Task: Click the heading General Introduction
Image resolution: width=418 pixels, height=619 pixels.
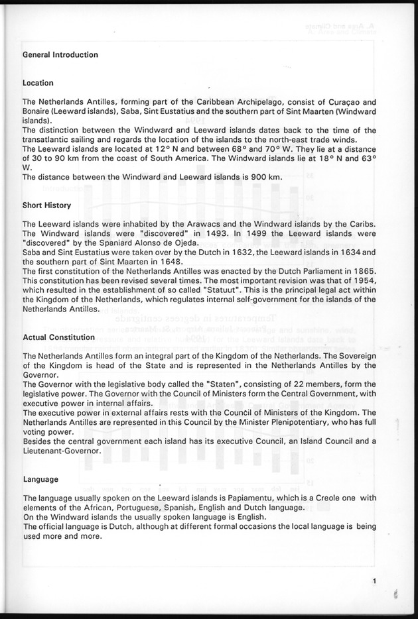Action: (60, 54)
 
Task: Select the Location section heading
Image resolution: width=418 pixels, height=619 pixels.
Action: (38, 84)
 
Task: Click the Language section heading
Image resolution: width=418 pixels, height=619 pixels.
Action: (40, 478)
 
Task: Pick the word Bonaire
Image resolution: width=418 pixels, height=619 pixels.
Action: (36, 113)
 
